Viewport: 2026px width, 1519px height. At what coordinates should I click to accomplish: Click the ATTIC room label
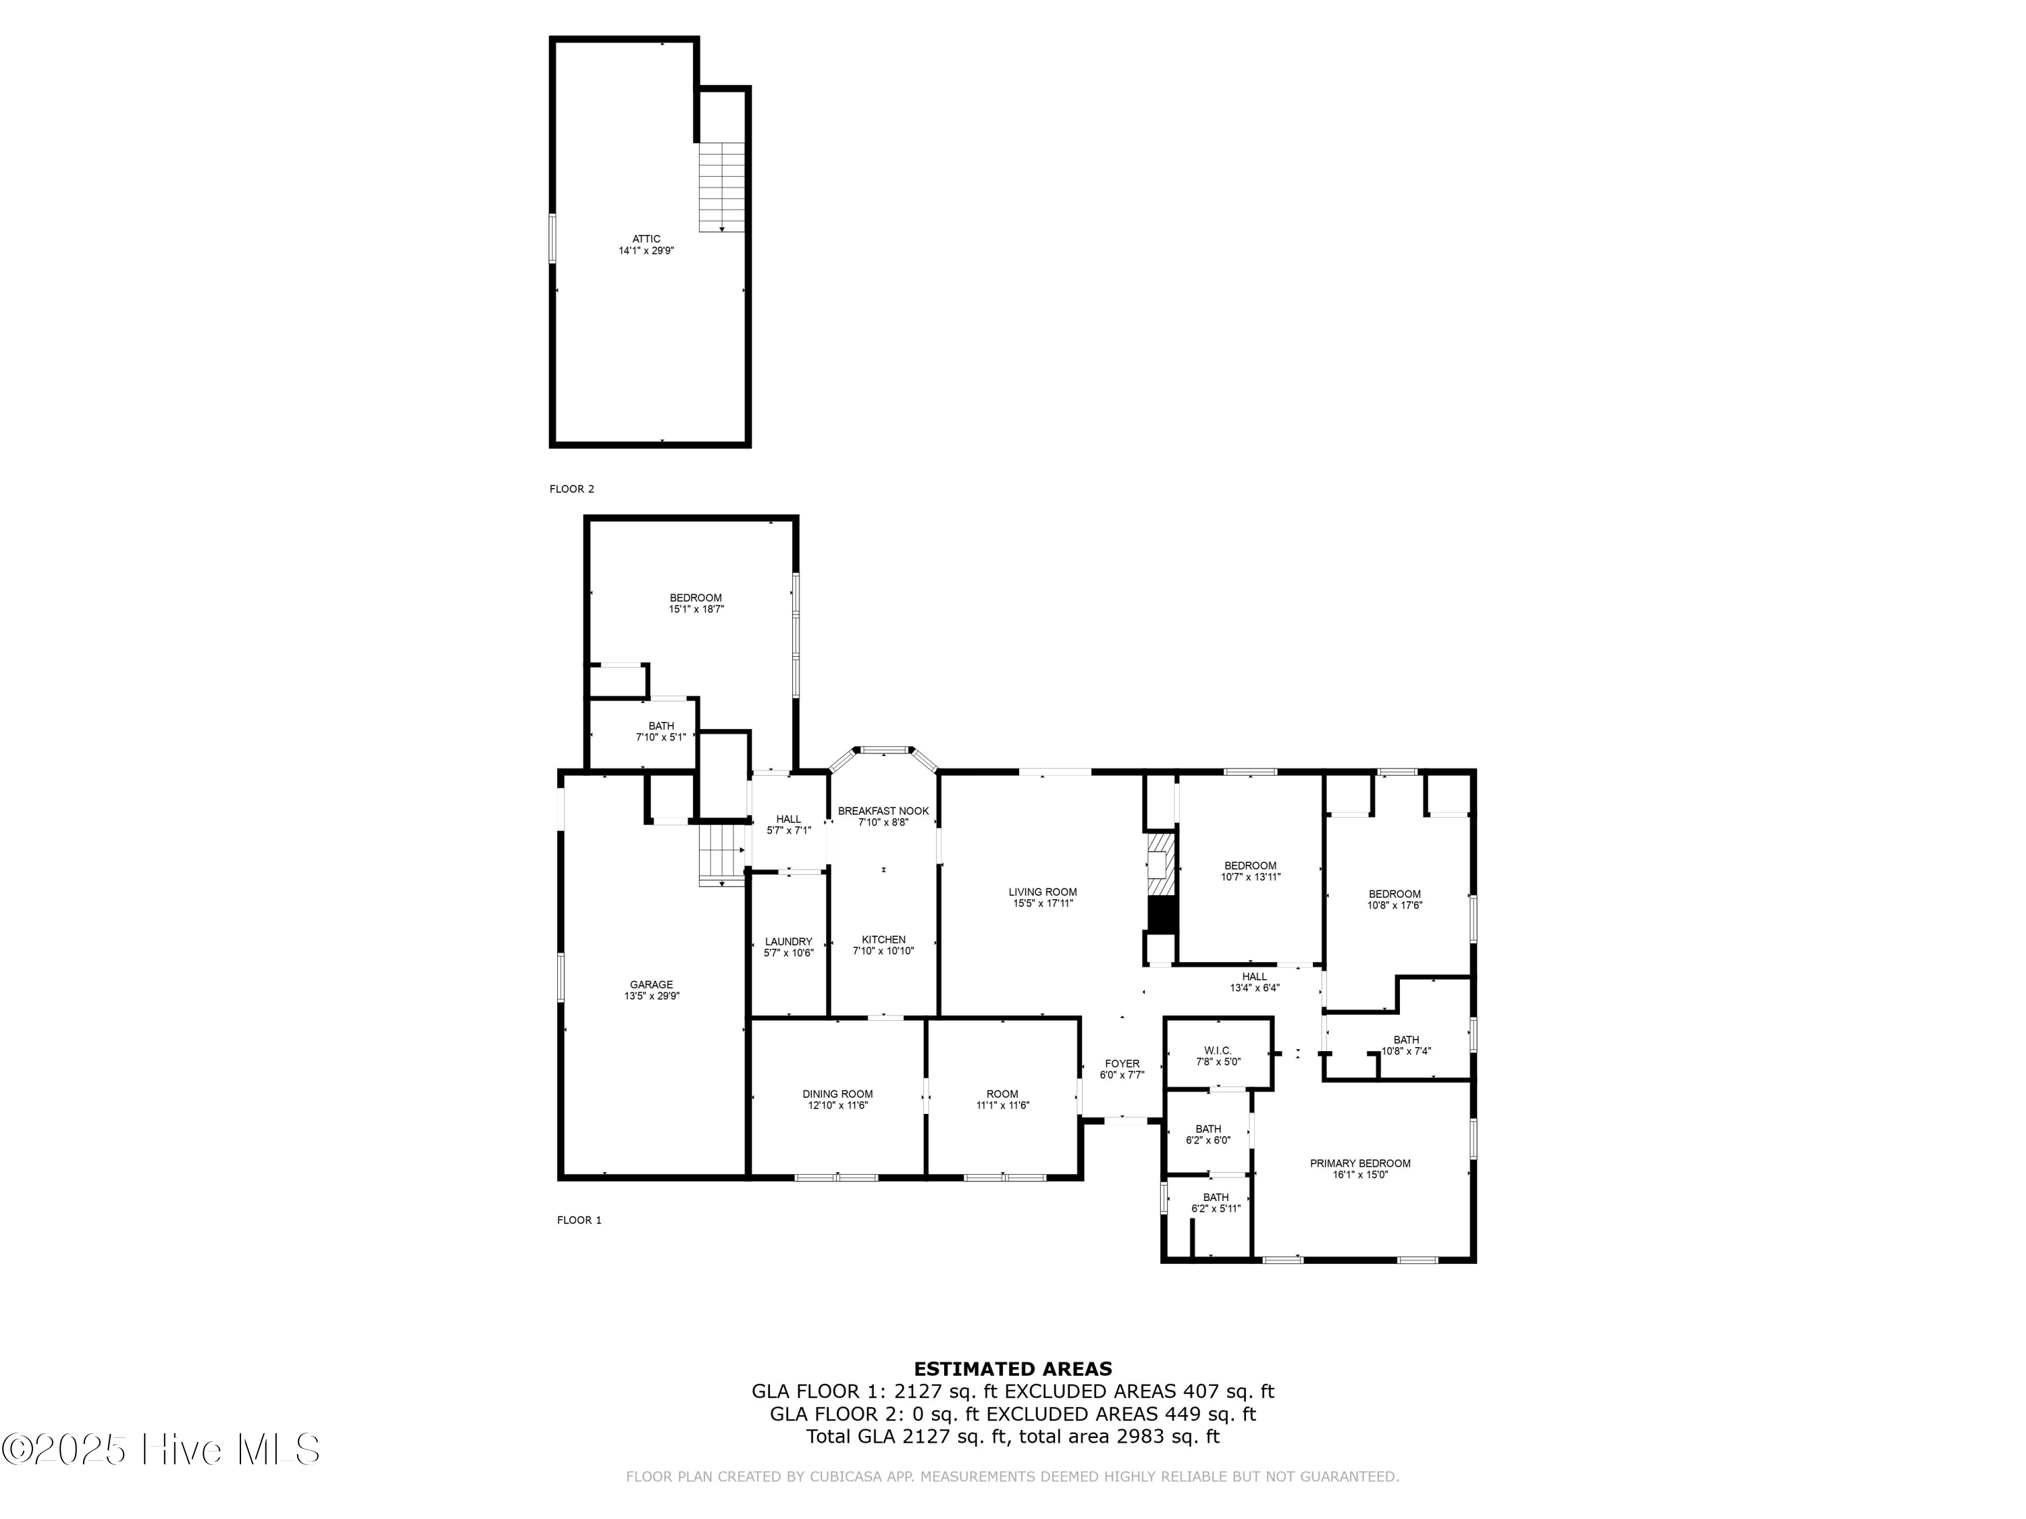[646, 239]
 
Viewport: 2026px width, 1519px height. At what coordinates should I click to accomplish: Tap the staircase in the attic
[722, 187]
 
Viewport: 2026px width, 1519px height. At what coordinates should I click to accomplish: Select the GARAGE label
[651, 985]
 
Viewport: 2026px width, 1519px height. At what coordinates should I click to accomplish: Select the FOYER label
[1122, 1064]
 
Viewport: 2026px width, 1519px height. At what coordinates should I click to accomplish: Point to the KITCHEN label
[883, 940]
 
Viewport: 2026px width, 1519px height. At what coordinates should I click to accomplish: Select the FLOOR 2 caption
[571, 489]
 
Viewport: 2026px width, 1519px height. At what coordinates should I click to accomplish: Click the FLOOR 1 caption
[579, 1221]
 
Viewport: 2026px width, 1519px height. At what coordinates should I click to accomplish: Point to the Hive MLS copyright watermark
[161, 1449]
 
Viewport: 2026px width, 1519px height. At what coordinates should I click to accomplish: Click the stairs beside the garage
[722, 853]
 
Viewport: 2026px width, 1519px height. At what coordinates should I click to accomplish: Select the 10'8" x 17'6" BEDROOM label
[1394, 895]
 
